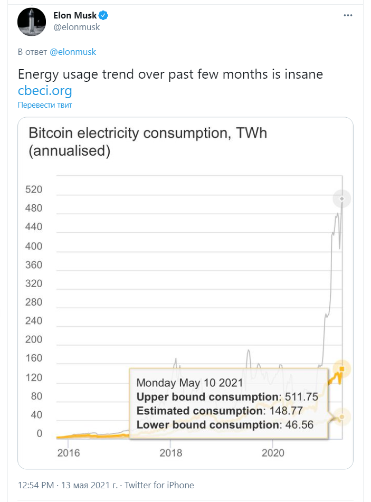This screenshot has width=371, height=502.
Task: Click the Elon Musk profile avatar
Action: (x=31, y=21)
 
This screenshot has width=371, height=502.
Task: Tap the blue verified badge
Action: (x=103, y=16)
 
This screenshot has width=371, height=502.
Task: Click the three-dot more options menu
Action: (x=348, y=16)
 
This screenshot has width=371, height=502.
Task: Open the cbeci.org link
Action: (x=45, y=90)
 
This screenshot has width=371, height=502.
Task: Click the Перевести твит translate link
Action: (x=45, y=105)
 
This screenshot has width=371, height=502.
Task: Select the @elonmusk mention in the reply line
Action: (x=73, y=52)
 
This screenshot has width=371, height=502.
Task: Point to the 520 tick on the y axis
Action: (x=34, y=189)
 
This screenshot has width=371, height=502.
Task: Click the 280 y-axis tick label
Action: (x=34, y=302)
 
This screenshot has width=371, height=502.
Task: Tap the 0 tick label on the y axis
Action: (x=39, y=433)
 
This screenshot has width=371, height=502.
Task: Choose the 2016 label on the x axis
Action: (x=68, y=453)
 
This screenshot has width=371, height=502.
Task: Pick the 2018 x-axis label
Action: (x=170, y=453)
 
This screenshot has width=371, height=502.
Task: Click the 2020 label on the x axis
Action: (x=273, y=453)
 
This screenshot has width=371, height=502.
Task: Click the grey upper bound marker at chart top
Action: (x=342, y=198)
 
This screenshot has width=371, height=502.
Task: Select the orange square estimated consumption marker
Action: (x=342, y=369)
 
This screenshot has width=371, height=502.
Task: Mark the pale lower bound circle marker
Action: (x=342, y=417)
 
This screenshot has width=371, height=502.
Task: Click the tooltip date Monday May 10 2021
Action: (x=189, y=383)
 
